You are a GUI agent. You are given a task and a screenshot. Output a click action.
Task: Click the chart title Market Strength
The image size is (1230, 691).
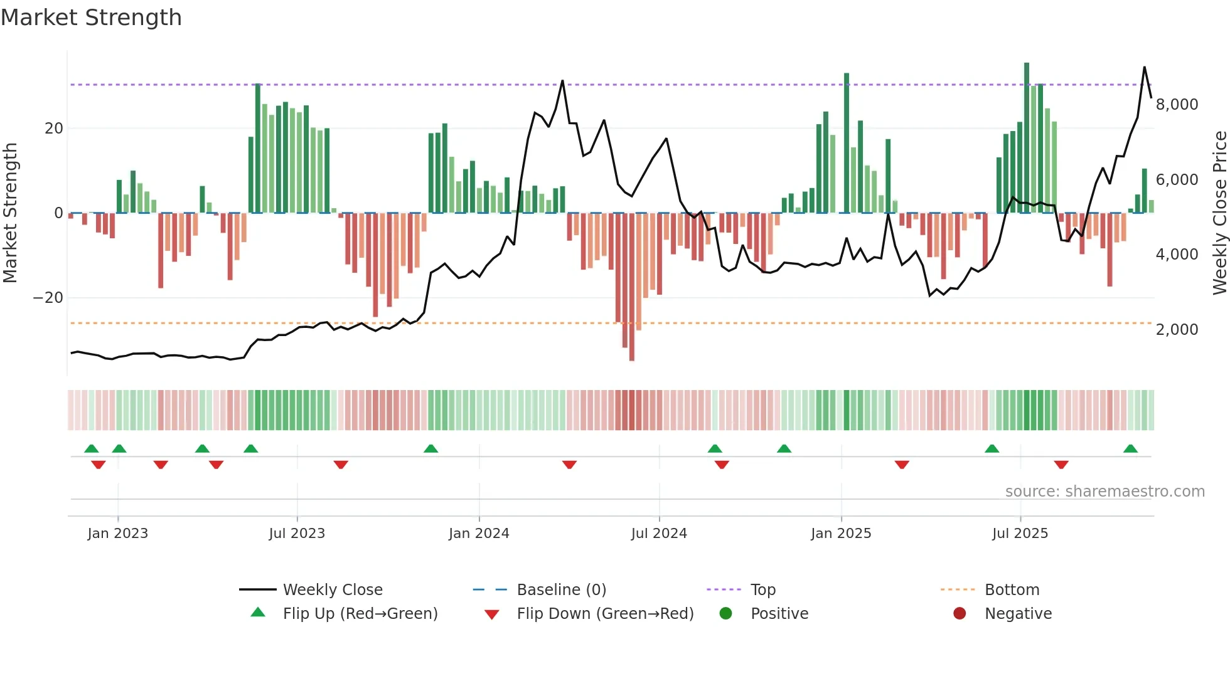pyautogui.click(x=92, y=18)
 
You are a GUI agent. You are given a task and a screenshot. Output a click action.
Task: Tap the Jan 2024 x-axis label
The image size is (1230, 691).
pyautogui.click(x=479, y=534)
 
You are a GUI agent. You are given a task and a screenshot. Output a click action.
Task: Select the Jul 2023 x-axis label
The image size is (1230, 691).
pyautogui.click(x=297, y=534)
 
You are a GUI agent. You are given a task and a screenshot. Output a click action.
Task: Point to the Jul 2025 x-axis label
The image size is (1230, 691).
pyautogui.click(x=1020, y=534)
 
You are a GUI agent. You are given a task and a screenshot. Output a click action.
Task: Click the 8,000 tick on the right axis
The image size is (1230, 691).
pyautogui.click(x=1177, y=105)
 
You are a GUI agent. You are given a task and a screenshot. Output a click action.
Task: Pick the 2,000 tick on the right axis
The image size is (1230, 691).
pyautogui.click(x=1177, y=330)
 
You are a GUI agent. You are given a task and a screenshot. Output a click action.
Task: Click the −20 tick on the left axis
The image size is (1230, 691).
pyautogui.click(x=48, y=298)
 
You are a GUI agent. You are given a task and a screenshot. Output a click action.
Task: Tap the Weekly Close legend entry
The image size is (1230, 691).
pyautogui.click(x=332, y=590)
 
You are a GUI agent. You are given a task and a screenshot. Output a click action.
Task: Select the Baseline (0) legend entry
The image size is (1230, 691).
pyautogui.click(x=561, y=590)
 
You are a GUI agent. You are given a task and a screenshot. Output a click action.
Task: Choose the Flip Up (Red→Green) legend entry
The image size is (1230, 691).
pyautogui.click(x=360, y=614)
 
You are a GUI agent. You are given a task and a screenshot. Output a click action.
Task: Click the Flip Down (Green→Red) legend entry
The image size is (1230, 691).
pyautogui.click(x=605, y=614)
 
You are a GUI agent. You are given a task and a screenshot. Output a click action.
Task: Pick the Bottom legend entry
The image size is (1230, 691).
pyautogui.click(x=1012, y=590)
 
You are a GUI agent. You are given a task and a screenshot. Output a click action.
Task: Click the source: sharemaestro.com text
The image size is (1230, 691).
pyautogui.click(x=1104, y=492)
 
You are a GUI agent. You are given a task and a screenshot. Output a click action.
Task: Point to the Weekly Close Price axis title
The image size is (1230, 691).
pyautogui.click(x=1219, y=213)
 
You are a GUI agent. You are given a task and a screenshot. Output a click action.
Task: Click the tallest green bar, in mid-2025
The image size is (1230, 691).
pyautogui.click(x=1027, y=138)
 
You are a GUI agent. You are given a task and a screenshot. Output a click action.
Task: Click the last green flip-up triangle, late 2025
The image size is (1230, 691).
pyautogui.click(x=1130, y=449)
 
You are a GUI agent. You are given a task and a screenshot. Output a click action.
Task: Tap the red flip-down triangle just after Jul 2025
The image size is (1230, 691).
pyautogui.click(x=1061, y=465)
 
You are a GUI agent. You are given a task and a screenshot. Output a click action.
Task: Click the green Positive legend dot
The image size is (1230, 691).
pyautogui.click(x=725, y=614)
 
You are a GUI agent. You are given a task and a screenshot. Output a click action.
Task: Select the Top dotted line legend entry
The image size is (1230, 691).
pyautogui.click(x=762, y=590)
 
